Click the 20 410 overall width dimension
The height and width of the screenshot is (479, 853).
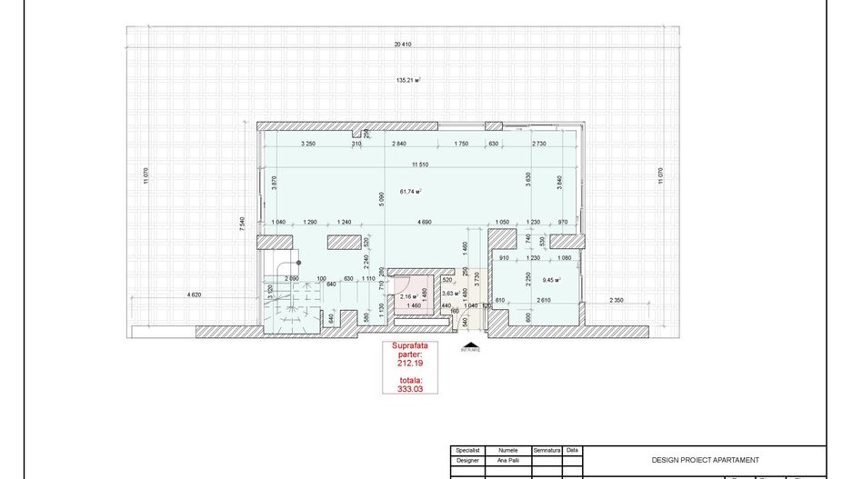coord(403,45)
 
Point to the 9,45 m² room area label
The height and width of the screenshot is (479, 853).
coord(551,281)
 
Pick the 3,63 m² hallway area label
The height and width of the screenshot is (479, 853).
coord(449,294)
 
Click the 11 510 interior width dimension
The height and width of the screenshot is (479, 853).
coord(419,165)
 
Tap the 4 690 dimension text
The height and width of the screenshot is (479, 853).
coord(424,223)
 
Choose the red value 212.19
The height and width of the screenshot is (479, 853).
coord(408,364)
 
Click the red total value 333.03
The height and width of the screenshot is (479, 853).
coord(408,388)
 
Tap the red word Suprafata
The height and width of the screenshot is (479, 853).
coord(408,346)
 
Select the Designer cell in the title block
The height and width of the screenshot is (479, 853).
coord(467,460)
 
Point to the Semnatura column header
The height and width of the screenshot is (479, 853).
coord(547,450)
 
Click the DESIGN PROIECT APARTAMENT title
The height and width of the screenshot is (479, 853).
coord(705,460)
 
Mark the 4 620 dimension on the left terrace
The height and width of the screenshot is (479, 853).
coord(195,295)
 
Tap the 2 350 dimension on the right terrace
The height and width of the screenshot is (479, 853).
coord(616,301)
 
